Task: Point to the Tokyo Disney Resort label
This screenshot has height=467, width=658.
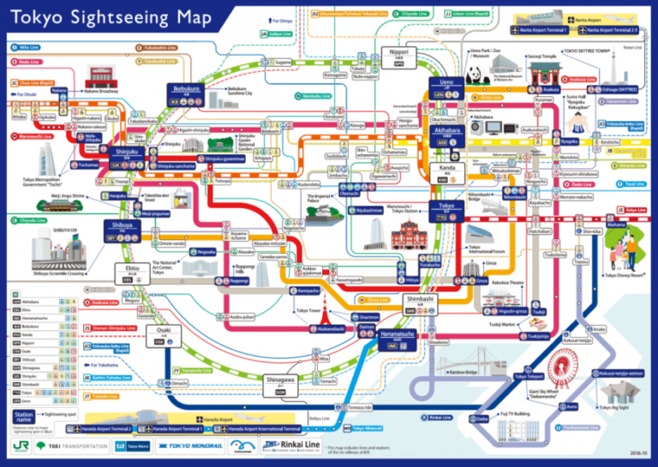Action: tap(623, 275)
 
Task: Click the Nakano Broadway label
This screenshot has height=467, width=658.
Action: tap(101, 90)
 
